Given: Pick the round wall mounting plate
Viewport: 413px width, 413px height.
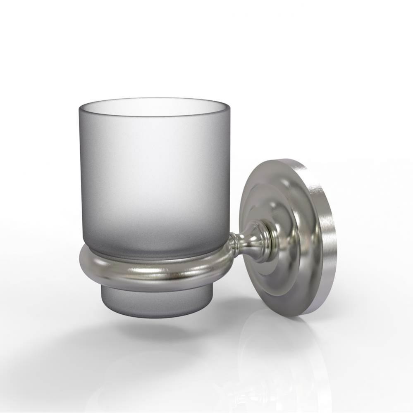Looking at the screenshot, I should (285, 235).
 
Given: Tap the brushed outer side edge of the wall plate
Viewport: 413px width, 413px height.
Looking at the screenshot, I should (325, 240).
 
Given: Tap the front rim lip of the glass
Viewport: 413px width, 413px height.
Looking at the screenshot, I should (154, 117).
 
